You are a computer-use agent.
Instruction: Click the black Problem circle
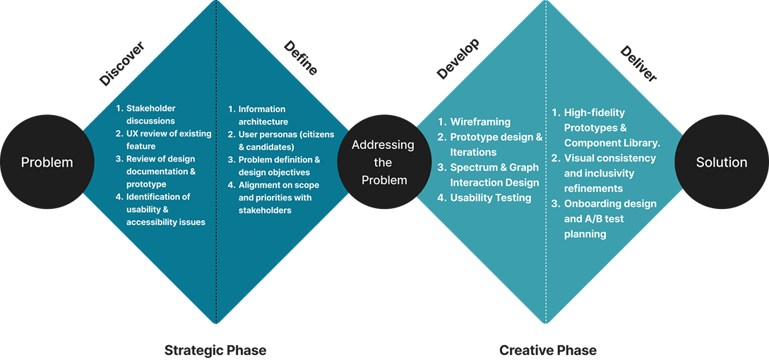[x=47, y=162]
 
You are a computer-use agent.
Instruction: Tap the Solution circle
[x=721, y=162]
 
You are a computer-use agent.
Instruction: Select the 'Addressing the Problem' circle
[x=383, y=162]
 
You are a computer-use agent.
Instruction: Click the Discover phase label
[x=121, y=64]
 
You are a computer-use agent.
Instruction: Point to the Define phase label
[x=301, y=58]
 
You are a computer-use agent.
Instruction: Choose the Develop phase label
[x=458, y=59]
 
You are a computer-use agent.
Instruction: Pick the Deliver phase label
[x=638, y=64]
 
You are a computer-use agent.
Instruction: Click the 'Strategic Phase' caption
[x=215, y=350]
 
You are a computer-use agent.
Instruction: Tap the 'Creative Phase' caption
[x=548, y=350]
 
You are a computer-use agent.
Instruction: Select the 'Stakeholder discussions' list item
[x=150, y=114]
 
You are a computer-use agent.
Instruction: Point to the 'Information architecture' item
[x=261, y=115]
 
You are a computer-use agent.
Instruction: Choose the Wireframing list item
[x=480, y=121]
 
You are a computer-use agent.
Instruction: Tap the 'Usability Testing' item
[x=490, y=198]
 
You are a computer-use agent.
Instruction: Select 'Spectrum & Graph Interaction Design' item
[x=494, y=175]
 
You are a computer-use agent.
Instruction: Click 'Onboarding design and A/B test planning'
[x=609, y=219]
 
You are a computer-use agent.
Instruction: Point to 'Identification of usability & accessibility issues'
[x=165, y=210]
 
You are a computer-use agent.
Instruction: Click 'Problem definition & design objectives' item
[x=279, y=166]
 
